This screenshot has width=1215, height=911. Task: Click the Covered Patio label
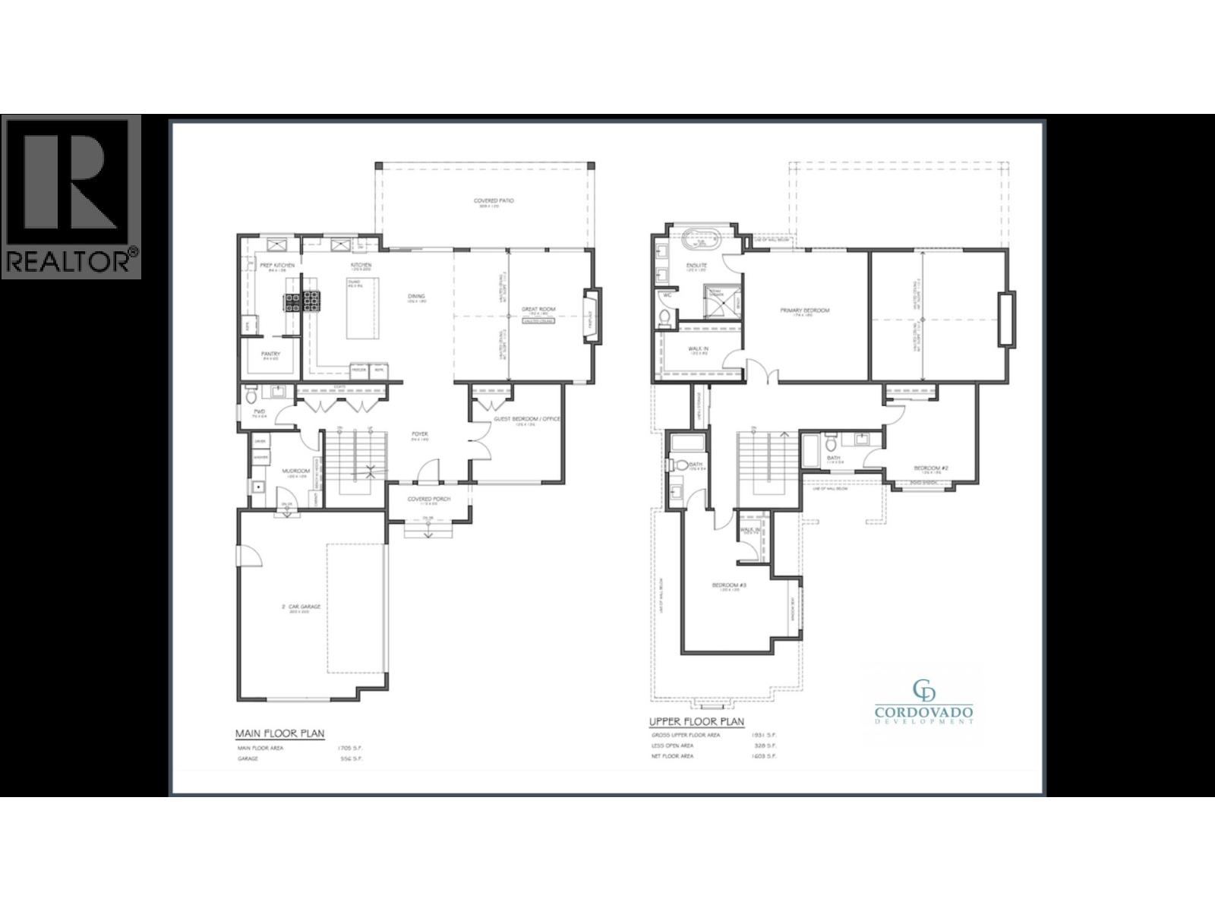(494, 201)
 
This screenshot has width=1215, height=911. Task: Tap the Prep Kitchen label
(277, 265)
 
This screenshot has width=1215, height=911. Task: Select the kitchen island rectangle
(361, 308)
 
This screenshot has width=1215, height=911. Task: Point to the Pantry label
(270, 354)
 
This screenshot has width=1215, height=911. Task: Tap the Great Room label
(538, 310)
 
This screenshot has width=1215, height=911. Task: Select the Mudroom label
(295, 471)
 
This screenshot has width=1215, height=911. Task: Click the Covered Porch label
(429, 499)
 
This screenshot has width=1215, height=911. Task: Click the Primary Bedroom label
(805, 310)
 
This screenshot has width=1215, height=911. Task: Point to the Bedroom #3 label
(725, 585)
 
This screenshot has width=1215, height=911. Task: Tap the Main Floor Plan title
(279, 733)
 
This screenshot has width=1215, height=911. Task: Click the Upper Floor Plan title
(696, 722)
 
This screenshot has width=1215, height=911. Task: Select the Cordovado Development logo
(923, 702)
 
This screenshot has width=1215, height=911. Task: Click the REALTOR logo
(71, 197)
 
